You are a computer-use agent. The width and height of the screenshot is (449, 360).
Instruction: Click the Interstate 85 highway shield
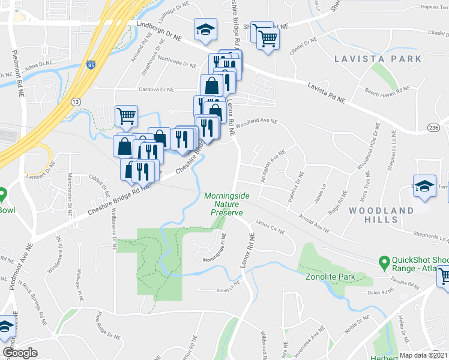coord(91,63)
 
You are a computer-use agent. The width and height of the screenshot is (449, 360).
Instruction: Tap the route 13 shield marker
coord(76,102)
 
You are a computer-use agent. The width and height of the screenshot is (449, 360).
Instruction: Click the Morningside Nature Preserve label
coord(223,204)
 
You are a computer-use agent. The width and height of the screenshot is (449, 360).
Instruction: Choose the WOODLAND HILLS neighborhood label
coord(381,215)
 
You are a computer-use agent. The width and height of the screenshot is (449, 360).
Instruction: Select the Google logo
coord(20,353)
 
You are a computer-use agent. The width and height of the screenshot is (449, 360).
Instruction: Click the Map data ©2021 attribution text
coord(423,355)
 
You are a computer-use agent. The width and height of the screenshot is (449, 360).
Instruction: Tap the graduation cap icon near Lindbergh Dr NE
coord(205,30)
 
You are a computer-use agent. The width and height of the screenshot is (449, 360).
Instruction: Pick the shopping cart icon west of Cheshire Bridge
coord(126,115)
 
